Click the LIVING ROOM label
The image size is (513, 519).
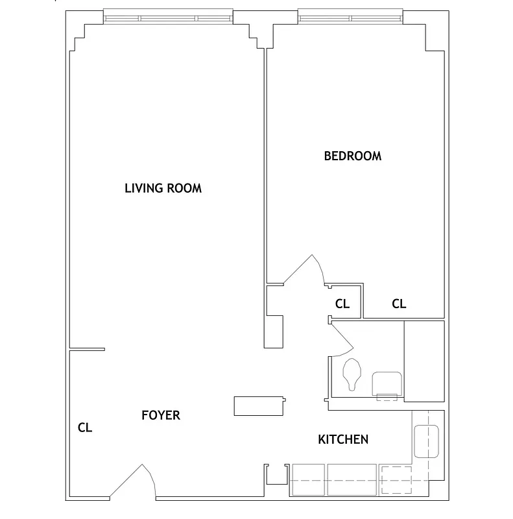(x=163, y=189)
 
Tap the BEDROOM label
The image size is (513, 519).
(x=352, y=156)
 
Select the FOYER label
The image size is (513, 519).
(x=160, y=415)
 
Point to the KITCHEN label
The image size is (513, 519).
(x=342, y=440)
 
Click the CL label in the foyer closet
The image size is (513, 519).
(x=85, y=428)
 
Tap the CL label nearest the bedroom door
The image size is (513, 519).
(x=342, y=304)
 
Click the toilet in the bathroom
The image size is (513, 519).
(x=352, y=374)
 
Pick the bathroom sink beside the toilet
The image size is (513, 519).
(x=387, y=383)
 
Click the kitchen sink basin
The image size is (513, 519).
(x=427, y=441)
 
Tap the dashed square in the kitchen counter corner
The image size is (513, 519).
(x=395, y=481)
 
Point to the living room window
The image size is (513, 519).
(x=168, y=18)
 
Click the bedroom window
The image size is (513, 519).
(x=350, y=18)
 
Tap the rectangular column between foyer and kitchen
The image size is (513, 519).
(x=259, y=405)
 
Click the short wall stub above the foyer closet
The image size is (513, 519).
(x=88, y=350)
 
